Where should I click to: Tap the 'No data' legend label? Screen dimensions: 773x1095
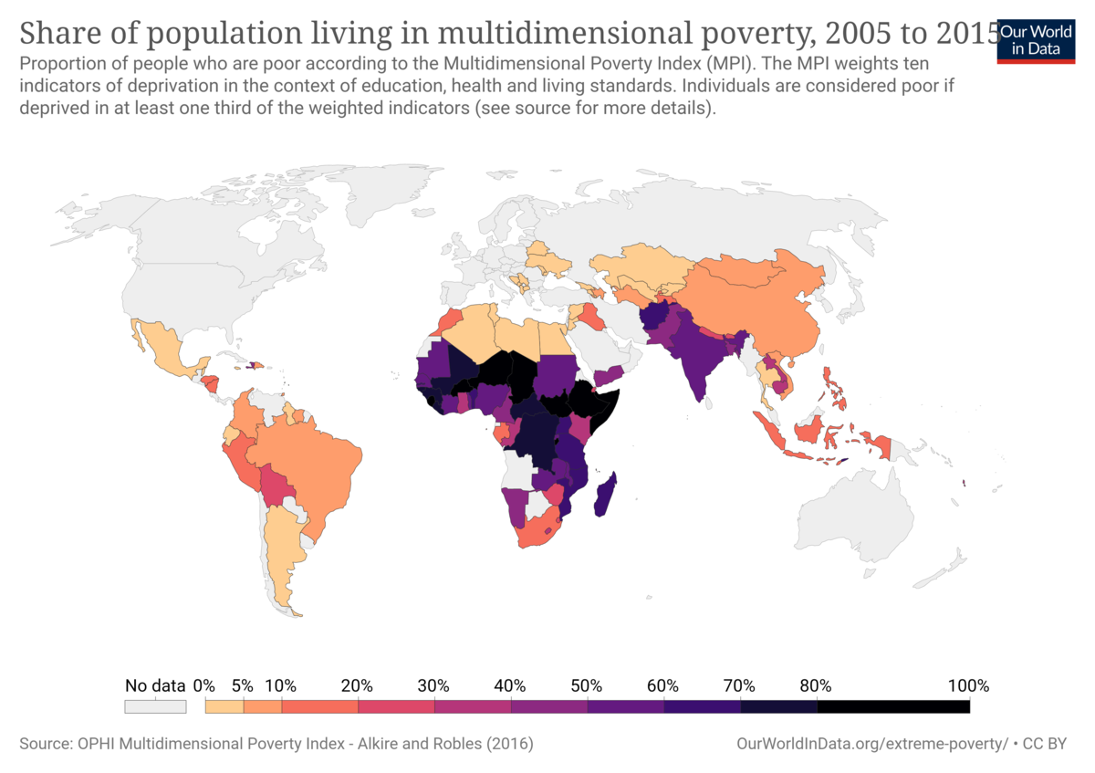coord(155,685)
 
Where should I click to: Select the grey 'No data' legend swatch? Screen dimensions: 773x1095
coord(155,706)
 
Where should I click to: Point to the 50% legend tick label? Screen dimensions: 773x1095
coord(586,685)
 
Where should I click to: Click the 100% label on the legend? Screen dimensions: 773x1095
coord(969,685)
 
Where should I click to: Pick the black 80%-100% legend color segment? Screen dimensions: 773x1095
coord(892,706)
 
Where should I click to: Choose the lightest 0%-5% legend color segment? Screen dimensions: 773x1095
coord(224,706)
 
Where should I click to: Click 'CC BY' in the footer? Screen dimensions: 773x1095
coord(1044,744)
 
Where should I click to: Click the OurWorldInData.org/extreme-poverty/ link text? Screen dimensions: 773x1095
coord(871,744)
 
